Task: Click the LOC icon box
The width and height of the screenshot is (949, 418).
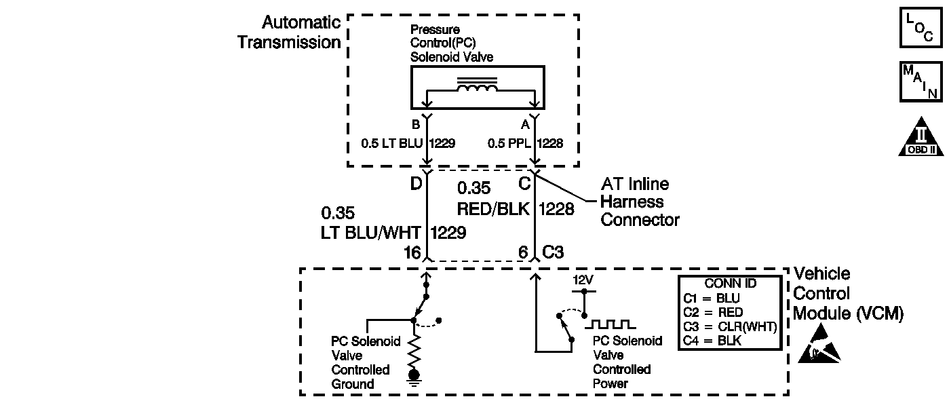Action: click(921, 28)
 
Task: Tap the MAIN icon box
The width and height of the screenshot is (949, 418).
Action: click(921, 82)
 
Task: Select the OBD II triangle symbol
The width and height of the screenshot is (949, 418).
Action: click(921, 138)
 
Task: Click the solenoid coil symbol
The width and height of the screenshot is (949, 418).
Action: click(477, 84)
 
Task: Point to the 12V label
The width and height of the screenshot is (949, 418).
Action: click(583, 280)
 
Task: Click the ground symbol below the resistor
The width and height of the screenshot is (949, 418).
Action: click(414, 378)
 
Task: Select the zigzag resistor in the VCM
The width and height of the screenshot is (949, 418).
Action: click(414, 349)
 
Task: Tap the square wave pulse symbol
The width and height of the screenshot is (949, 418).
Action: click(610, 325)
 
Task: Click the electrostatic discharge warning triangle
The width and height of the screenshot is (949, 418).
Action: click(819, 343)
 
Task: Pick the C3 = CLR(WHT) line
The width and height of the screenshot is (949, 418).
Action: click(730, 327)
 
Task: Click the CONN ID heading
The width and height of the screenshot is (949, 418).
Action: click(730, 283)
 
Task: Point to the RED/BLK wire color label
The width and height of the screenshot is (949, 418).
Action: click(493, 209)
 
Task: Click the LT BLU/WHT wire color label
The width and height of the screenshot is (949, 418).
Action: click(370, 233)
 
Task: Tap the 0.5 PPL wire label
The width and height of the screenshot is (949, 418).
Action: click(509, 143)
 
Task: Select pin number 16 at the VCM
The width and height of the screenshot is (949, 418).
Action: click(412, 252)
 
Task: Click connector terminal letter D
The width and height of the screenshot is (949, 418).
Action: click(416, 184)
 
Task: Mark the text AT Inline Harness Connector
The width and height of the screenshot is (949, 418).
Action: click(640, 202)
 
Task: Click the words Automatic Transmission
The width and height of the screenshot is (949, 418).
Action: click(289, 32)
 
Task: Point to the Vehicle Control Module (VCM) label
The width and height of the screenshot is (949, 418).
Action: click(848, 293)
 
